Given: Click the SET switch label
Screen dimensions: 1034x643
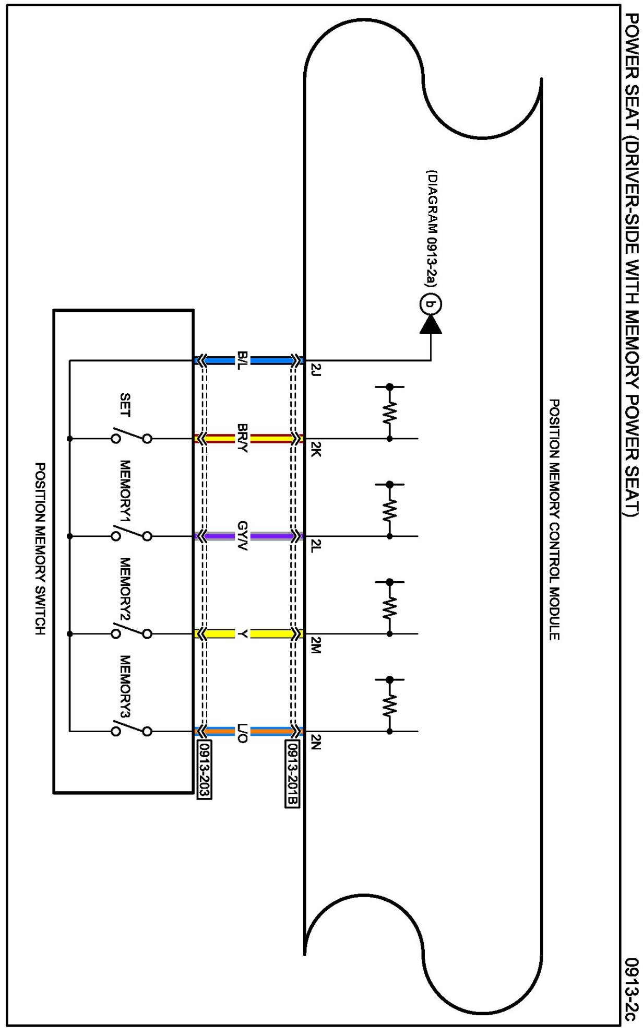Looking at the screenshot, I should pyautogui.click(x=125, y=405).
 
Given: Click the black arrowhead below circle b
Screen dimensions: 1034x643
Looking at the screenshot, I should pyautogui.click(x=431, y=325).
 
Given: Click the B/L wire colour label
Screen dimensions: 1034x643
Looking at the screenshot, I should pyautogui.click(x=243, y=360).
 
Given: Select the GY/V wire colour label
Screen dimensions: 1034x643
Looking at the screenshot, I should pyautogui.click(x=243, y=536).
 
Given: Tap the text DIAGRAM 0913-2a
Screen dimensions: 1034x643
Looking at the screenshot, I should pyautogui.click(x=432, y=228).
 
